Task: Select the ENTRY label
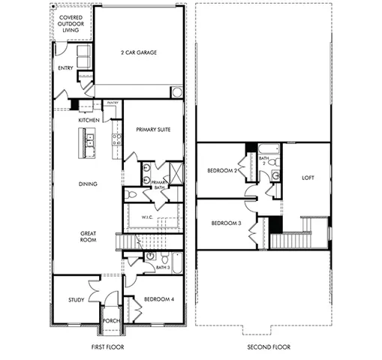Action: pyautogui.click(x=65, y=68)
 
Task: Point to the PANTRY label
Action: pyautogui.click(x=113, y=103)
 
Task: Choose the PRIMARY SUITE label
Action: pyautogui.click(x=153, y=129)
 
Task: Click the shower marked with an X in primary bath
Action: pyautogui.click(x=176, y=172)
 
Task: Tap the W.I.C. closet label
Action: pyautogui.click(x=147, y=217)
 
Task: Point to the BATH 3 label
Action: pyautogui.click(x=163, y=267)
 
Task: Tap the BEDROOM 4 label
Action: pyautogui.click(x=159, y=298)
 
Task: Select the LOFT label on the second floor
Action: pyautogui.click(x=307, y=178)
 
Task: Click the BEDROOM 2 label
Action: pyautogui.click(x=223, y=171)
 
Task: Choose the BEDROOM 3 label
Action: pyautogui.click(x=225, y=223)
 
